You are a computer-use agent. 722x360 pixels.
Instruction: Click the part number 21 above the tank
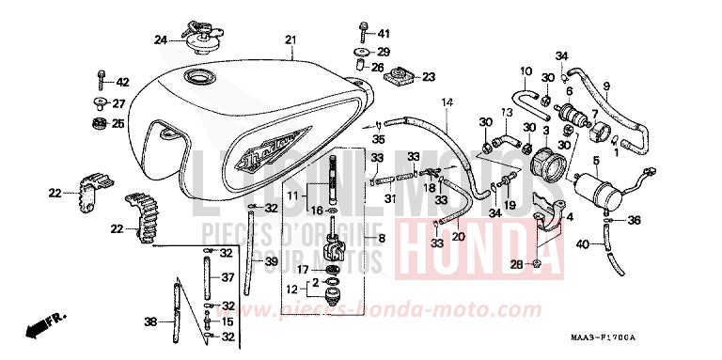[290, 39]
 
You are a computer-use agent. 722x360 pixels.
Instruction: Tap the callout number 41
[384, 33]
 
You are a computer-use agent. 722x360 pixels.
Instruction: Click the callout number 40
[584, 245]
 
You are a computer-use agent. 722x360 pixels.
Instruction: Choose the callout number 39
[272, 261]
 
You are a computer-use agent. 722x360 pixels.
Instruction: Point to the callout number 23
[430, 77]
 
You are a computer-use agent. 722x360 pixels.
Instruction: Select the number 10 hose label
[526, 70]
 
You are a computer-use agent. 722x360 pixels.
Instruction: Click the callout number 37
[228, 277]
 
